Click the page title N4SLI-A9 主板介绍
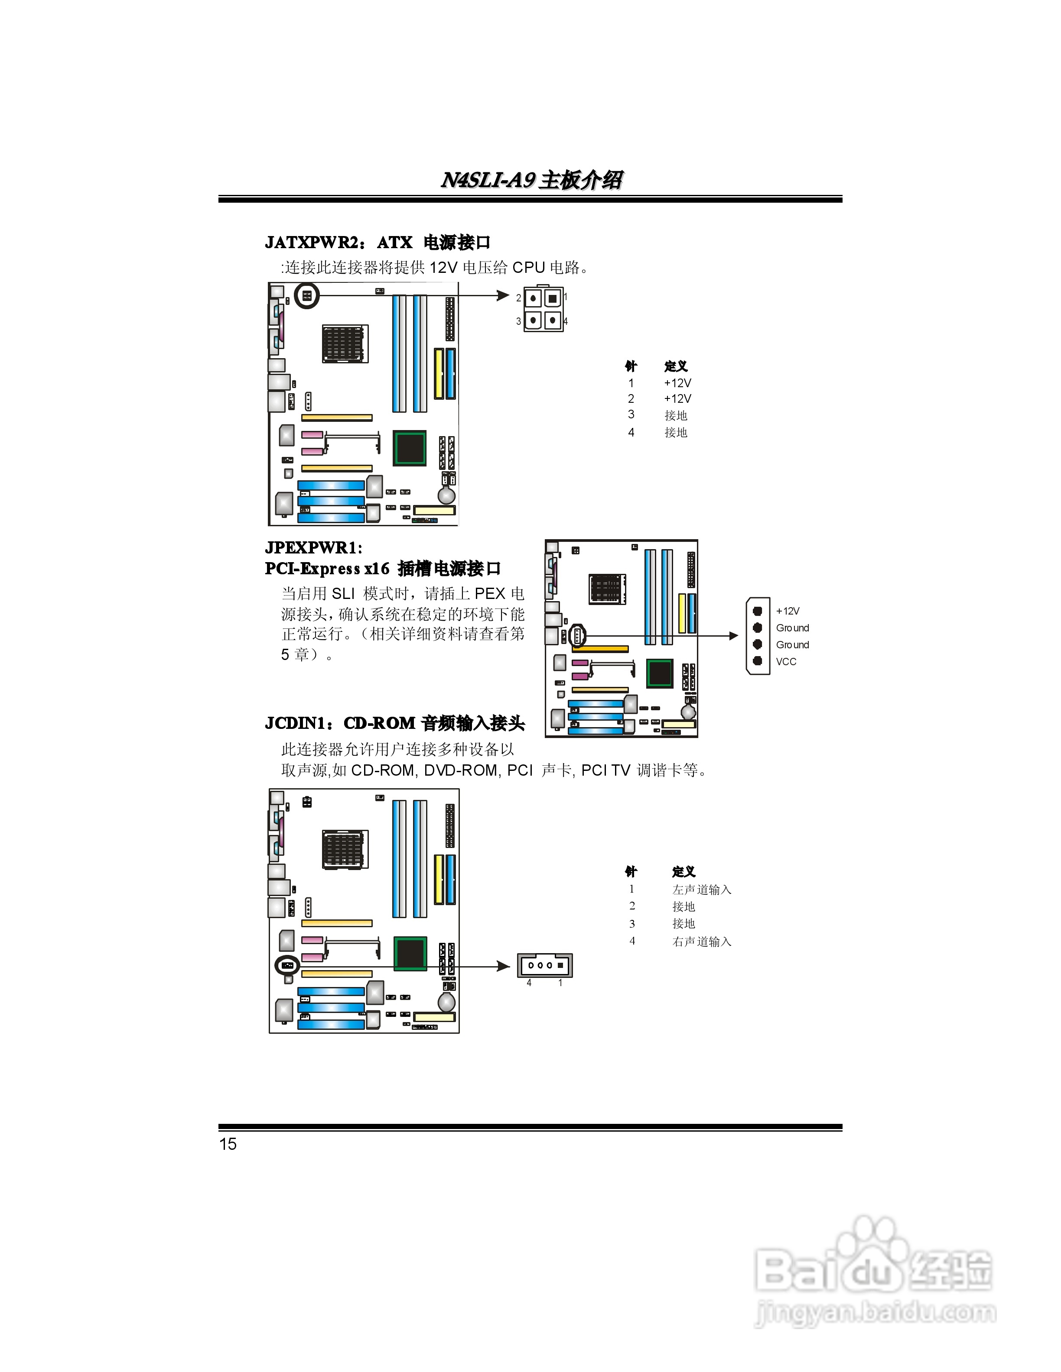531,180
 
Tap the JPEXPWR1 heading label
313,548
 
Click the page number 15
228,1144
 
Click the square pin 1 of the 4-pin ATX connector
553,298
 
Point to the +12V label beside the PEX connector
788,611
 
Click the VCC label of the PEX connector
786,661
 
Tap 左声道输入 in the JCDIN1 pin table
701,890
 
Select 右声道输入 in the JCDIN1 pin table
701,941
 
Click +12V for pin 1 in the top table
677,382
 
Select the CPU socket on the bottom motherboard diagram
345,849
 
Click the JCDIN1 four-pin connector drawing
545,965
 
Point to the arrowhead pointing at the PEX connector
733,636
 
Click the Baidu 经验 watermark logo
874,1275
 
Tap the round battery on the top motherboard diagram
446,495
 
